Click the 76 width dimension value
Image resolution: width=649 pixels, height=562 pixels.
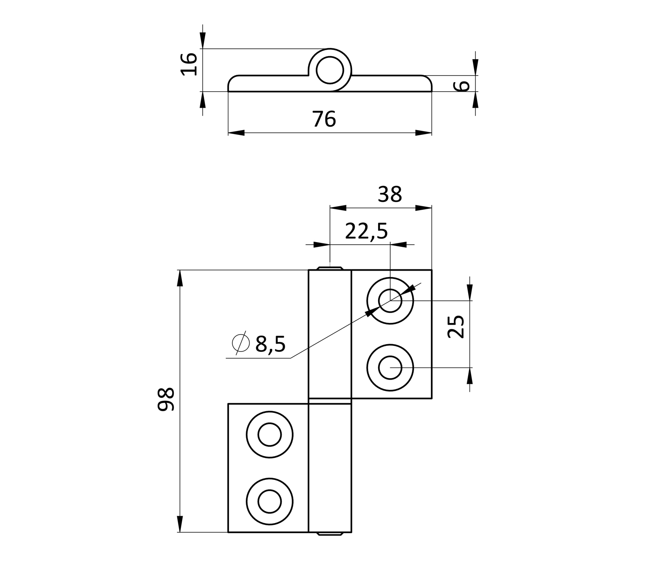324,119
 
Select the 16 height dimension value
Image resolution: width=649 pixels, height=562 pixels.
189,64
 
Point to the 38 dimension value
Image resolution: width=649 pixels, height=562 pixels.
390,195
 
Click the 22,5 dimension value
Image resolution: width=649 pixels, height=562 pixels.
366,232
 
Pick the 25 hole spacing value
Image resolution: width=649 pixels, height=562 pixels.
456,326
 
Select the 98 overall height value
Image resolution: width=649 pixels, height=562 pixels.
166,399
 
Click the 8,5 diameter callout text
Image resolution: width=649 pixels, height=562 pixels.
270,344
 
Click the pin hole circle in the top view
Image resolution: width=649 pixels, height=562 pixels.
330,70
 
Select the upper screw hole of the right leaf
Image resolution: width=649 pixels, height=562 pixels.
390,300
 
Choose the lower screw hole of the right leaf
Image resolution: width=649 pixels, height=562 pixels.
390,368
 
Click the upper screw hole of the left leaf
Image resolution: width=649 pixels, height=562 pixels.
270,434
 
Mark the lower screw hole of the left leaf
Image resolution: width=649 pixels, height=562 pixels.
270,501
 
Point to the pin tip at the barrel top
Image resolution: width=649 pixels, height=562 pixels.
330,268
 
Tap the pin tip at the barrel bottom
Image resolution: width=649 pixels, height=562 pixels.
330,534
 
